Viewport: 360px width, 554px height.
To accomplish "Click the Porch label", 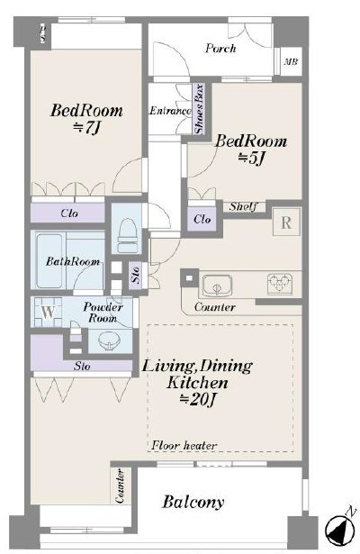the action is [220, 48].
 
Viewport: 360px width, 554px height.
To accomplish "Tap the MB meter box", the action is [292, 61].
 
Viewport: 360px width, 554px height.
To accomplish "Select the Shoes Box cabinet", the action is [199, 109].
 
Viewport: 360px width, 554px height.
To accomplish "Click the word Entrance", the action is [170, 111].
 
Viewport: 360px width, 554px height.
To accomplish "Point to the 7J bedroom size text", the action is [87, 128].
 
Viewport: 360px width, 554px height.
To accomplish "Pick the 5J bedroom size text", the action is [251, 158].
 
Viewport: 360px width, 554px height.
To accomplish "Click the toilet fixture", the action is [128, 236].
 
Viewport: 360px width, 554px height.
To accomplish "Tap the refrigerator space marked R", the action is [286, 223].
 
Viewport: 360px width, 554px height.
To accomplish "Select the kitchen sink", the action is [217, 286].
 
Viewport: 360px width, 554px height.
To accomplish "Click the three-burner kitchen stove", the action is [280, 283].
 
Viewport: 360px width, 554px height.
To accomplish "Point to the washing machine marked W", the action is [48, 313].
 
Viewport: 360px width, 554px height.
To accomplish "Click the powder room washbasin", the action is [109, 341].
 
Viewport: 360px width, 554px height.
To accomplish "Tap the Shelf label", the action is [244, 206].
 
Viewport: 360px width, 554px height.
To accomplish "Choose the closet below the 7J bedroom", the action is [68, 213].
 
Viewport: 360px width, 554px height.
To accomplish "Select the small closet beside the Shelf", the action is [202, 219].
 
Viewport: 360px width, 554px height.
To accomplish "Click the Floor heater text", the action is [184, 446].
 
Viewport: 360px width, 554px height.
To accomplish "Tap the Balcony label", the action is [193, 502].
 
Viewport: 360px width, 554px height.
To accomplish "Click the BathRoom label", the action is [73, 262].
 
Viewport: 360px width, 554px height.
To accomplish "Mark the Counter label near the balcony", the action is [121, 486].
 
